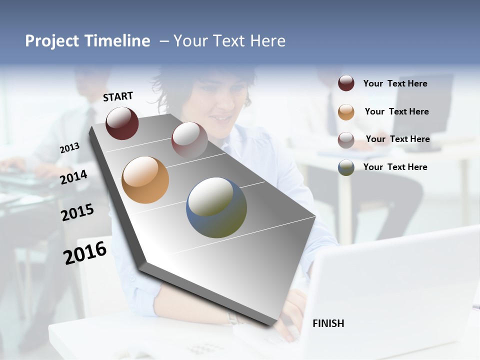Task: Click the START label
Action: point(118,96)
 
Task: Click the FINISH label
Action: point(328,323)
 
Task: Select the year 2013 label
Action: point(69,148)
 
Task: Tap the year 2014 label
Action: point(74,177)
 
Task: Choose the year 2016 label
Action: point(85,253)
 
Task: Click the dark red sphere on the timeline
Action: point(122,123)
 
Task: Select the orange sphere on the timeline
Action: point(145,180)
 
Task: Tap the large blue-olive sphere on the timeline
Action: point(216,207)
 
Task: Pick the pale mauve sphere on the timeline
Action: point(189,139)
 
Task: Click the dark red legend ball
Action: point(346,83)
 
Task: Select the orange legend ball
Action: point(346,112)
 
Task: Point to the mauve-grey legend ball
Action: point(346,140)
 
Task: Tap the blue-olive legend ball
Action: point(346,167)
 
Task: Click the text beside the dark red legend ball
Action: point(395,83)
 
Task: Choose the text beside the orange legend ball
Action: point(396,111)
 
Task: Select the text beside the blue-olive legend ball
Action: point(395,167)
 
